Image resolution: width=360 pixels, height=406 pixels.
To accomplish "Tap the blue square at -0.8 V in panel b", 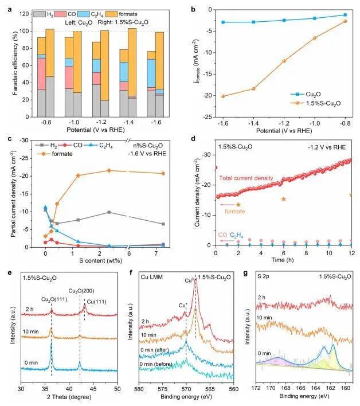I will click(345, 14).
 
